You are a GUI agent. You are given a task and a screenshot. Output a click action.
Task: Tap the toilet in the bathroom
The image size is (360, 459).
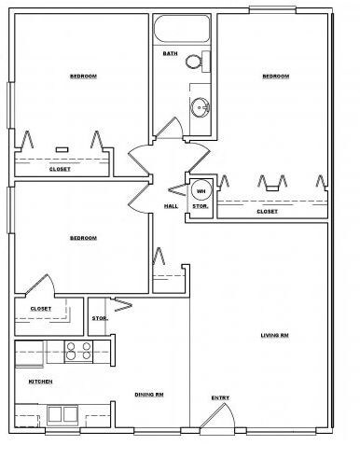194,63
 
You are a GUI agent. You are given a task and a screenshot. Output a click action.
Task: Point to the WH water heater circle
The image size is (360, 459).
201,192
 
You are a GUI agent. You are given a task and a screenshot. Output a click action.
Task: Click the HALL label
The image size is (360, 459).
172,206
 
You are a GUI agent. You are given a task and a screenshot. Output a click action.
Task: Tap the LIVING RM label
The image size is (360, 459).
273,335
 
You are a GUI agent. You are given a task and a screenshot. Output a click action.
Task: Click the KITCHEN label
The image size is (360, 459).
40,382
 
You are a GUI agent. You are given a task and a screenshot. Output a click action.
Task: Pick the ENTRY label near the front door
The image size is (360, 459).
220,398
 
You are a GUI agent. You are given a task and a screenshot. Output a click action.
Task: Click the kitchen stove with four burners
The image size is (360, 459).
77,352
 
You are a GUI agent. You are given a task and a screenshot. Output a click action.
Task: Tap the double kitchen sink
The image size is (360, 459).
62,414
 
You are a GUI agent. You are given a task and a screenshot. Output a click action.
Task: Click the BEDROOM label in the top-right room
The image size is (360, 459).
275,76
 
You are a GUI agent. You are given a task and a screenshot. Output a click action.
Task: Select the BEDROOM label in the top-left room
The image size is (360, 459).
84,76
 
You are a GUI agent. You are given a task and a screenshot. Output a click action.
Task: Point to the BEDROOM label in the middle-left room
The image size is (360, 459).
83,239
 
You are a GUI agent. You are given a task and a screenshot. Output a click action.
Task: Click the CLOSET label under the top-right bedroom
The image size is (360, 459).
267,212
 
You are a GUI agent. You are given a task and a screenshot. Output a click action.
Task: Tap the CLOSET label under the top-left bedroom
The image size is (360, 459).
60,169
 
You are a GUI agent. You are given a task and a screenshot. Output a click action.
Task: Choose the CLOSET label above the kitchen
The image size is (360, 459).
41,309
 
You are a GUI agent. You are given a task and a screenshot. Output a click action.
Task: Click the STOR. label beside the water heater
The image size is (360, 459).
200,206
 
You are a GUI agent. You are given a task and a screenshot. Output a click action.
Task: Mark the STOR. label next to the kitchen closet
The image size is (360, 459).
99,319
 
